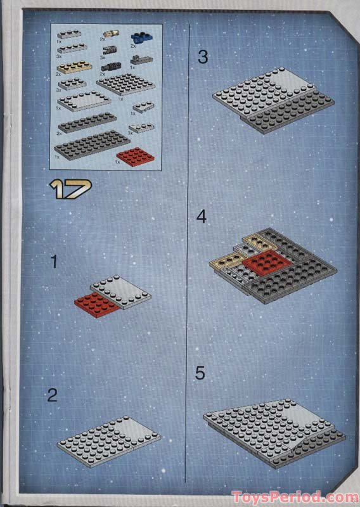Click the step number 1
54,261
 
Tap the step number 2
53,395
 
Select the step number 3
202,57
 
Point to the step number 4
202,217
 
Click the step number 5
200,373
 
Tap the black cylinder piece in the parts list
110,66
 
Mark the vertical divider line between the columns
189,253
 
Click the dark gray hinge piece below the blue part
141,61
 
